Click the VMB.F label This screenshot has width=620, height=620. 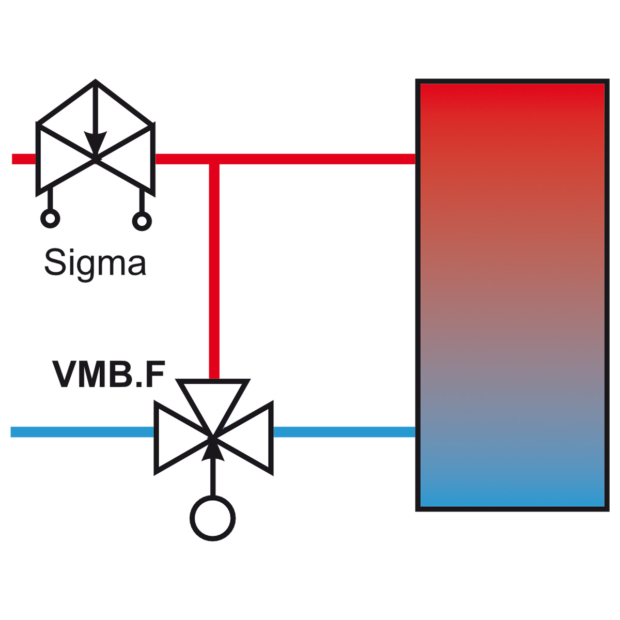[109, 374]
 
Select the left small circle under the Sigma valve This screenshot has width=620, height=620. [50, 219]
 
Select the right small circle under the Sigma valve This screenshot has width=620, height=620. [142, 221]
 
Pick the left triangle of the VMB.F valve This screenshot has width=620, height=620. [177, 437]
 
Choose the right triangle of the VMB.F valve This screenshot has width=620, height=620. [249, 438]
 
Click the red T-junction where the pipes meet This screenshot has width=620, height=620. [214, 159]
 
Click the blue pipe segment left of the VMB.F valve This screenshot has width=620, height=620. [82, 432]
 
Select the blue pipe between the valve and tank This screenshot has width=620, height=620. [344, 432]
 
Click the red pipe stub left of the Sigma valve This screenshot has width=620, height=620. [24, 159]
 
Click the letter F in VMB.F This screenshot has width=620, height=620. [156, 374]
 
